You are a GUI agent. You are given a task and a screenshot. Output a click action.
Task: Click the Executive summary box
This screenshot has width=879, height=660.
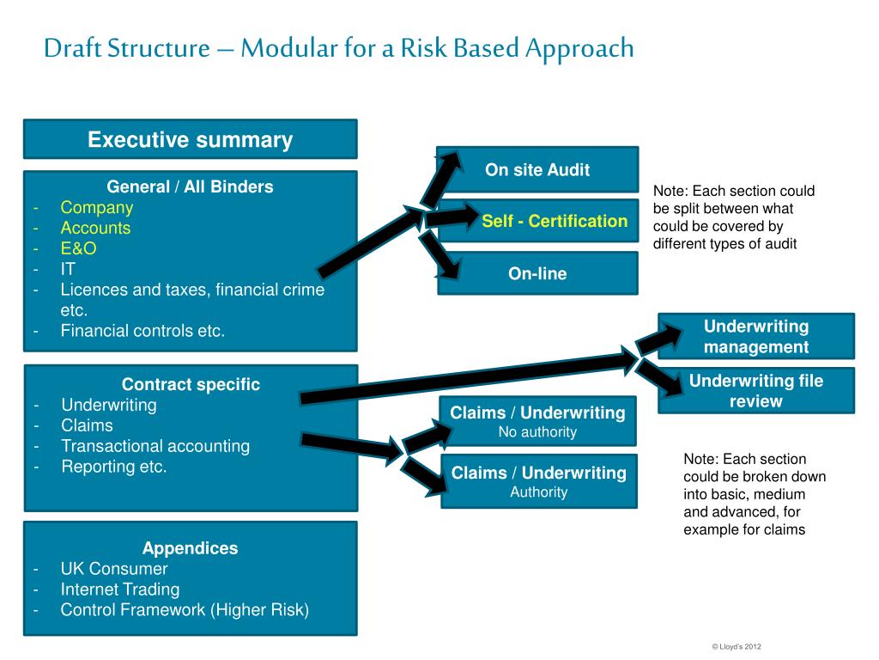tap(190, 140)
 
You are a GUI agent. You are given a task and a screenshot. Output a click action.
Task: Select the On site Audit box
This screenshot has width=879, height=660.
tap(537, 169)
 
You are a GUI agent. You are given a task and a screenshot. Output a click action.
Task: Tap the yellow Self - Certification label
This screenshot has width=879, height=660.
tap(555, 221)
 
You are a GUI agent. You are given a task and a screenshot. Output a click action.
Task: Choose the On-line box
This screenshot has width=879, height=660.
tap(537, 274)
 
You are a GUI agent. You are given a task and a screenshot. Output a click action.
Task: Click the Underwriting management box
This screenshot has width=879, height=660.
tap(756, 336)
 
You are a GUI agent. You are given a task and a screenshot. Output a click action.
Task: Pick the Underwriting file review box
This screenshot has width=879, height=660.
tap(756, 391)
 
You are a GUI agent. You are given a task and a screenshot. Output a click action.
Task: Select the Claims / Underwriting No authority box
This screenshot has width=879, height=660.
tap(537, 421)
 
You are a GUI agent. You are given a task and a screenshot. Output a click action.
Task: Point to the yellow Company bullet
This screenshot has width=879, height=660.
tap(96, 207)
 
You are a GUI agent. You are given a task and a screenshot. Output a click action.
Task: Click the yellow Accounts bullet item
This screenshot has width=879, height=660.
tap(95, 228)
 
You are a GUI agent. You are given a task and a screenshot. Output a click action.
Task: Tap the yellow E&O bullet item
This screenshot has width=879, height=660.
tap(78, 248)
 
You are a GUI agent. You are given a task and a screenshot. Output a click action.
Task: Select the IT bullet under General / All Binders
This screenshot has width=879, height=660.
tap(68, 269)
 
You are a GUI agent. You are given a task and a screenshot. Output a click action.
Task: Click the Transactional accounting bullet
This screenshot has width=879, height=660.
tap(155, 446)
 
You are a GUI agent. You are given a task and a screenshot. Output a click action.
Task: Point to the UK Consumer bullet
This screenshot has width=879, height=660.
tap(114, 569)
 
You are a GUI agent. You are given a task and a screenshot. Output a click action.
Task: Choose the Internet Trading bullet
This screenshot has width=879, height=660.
tap(119, 590)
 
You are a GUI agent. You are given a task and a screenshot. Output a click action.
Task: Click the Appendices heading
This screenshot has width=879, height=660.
tap(190, 548)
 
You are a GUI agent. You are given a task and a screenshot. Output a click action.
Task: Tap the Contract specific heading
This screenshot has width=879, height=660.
tap(191, 384)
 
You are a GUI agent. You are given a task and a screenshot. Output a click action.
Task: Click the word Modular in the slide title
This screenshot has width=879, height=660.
tap(284, 48)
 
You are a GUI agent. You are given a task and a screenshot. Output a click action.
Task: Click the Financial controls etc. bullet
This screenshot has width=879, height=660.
tap(142, 330)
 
